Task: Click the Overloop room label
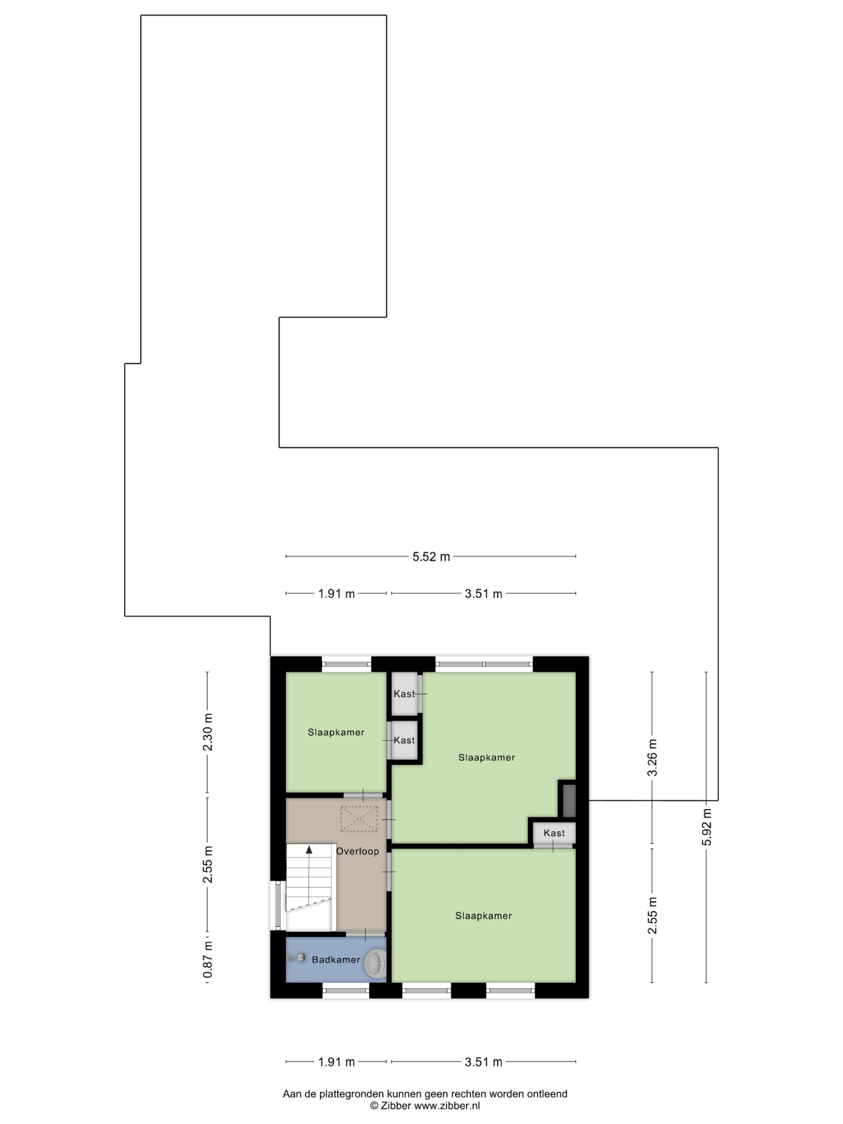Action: click(357, 851)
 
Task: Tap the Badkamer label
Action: click(335, 959)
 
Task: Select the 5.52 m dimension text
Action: click(431, 556)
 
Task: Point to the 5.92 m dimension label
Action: click(706, 826)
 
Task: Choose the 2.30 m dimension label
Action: click(207, 732)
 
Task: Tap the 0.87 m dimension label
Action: click(207, 959)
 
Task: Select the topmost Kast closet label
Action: click(404, 694)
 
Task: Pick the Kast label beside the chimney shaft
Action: click(554, 833)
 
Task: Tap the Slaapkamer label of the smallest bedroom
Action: click(336, 732)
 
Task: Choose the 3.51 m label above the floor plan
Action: click(483, 594)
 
